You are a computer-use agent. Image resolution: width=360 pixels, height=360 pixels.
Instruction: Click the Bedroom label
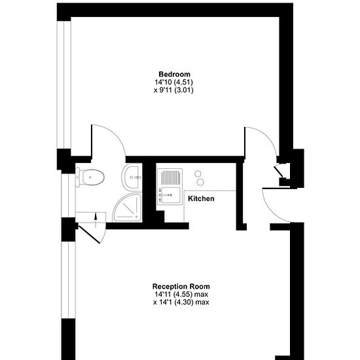pyautogui.click(x=174, y=74)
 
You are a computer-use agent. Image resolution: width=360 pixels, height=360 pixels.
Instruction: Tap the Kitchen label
pyautogui.click(x=201, y=198)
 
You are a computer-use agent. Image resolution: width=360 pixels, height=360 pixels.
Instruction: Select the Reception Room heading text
pyautogui.click(x=181, y=287)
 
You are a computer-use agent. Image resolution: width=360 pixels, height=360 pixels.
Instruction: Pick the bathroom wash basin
pyautogui.click(x=132, y=175)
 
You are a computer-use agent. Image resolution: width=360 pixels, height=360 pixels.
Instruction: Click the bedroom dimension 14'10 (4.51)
pyautogui.click(x=174, y=82)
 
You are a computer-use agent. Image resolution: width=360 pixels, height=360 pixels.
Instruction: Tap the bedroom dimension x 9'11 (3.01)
pyautogui.click(x=174, y=90)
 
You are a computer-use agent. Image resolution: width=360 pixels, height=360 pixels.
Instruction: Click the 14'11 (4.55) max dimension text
pyautogui.click(x=181, y=295)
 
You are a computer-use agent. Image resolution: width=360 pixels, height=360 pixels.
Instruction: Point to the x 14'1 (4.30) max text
pyautogui.click(x=181, y=302)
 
